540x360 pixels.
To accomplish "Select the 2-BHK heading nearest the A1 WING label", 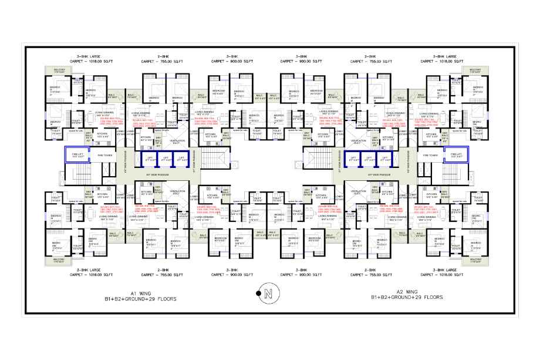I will point(164,270).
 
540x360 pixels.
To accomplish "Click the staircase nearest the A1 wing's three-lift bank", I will point(217,159).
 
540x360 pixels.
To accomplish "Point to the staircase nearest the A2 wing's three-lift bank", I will point(318,159).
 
